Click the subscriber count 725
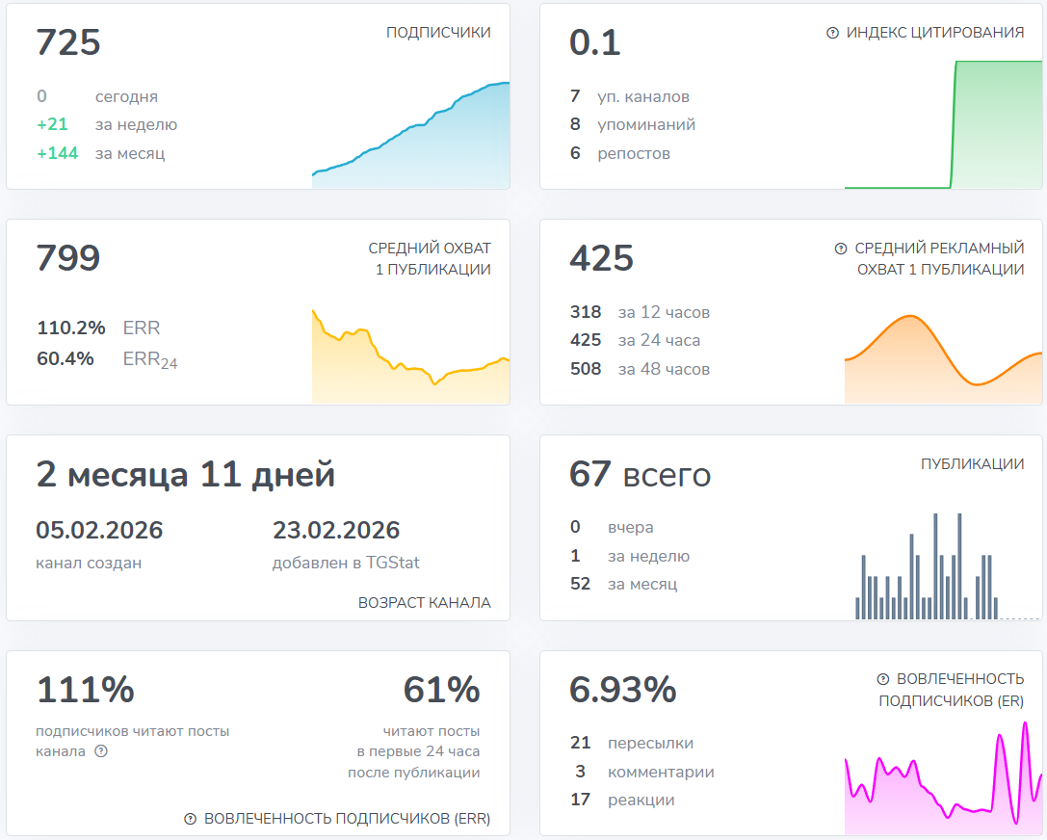[68, 43]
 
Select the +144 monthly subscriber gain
[58, 153]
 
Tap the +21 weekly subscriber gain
[53, 124]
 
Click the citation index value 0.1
[595, 43]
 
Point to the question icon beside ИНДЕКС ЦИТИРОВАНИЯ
[833, 33]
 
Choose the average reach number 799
[68, 259]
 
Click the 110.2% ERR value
[71, 328]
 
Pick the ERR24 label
[150, 360]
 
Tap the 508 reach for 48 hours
[586, 369]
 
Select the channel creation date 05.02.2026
[99, 531]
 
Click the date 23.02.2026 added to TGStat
[336, 531]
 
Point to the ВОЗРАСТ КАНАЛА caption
[424, 603]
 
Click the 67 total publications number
[590, 475]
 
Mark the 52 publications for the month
[580, 584]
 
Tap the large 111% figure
[86, 690]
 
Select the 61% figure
[441, 690]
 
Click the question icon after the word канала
[101, 751]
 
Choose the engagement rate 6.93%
[623, 690]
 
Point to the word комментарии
[661, 772]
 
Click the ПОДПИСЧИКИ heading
[438, 33]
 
